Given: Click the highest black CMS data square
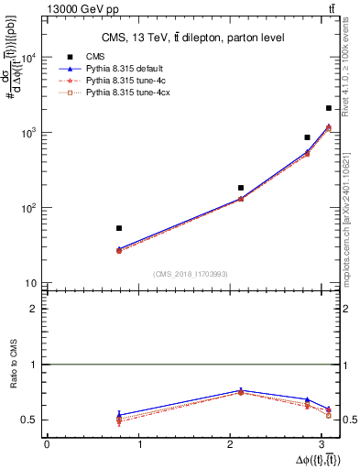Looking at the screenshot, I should coord(328,108).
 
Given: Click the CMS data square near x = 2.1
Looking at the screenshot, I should coord(241,188).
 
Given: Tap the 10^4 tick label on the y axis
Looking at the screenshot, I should coord(28,58).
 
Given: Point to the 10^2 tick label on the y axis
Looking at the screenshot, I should coord(28,208).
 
